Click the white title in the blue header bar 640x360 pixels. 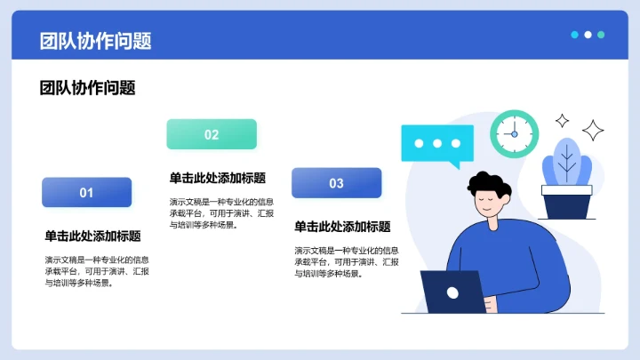[95, 41]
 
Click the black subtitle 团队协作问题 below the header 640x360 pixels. [87, 88]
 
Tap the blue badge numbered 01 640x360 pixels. [86, 192]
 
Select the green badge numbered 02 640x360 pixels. [212, 134]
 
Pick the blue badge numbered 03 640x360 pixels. [336, 183]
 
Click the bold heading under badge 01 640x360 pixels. [92, 236]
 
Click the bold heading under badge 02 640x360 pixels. [217, 178]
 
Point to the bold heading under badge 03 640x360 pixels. [342, 227]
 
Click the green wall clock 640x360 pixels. [515, 134]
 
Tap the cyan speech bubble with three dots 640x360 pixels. [431, 144]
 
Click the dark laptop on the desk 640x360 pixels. [452, 292]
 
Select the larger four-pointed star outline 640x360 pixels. [593, 130]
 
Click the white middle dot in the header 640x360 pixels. [588, 35]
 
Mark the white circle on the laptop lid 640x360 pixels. [452, 291]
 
